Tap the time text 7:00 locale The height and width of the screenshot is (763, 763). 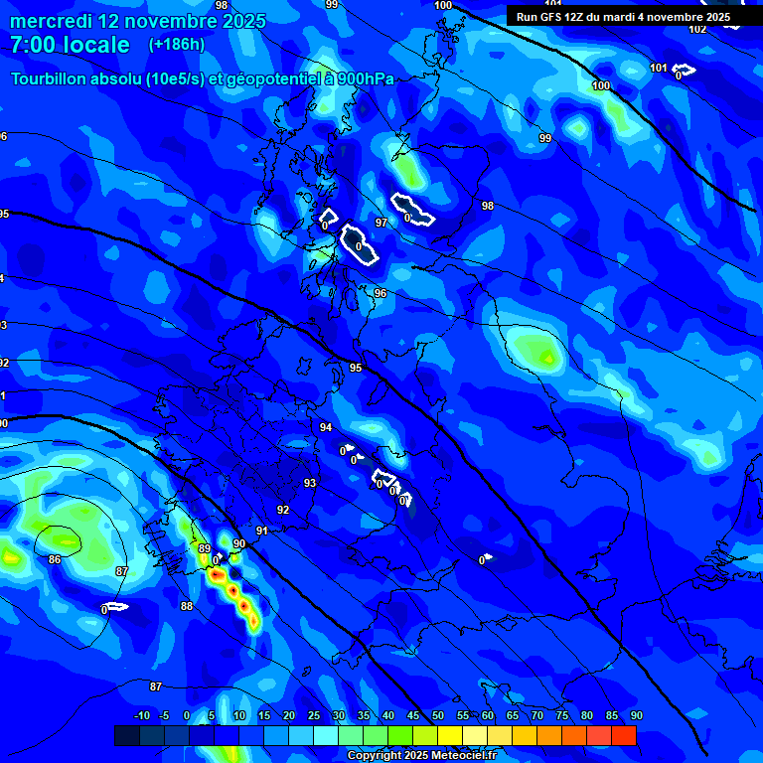pos(70,45)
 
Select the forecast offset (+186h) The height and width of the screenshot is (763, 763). pos(177,44)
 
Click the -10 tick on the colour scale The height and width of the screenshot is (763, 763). pos(141,716)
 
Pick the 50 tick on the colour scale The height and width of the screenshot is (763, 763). pos(438,716)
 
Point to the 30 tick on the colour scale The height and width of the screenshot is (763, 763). pos(339,716)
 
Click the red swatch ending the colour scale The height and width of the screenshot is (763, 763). pos(624,735)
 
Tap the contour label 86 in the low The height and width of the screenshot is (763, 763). pos(55,560)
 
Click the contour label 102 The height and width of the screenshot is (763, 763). pos(697,29)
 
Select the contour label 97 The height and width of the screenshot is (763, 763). pos(381,223)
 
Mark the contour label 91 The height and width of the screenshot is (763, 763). pos(262,532)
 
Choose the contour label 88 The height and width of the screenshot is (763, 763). pos(187,606)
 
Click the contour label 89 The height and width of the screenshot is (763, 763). pos(204,548)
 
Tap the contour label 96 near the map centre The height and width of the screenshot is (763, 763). pos(380,294)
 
